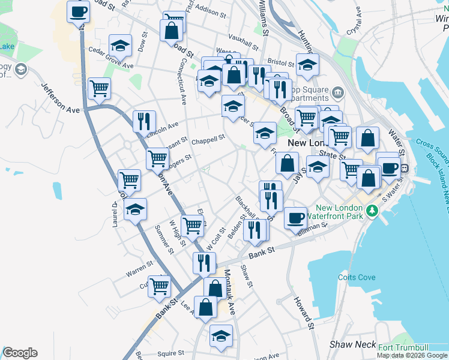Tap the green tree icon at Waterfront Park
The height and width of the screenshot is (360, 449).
372,211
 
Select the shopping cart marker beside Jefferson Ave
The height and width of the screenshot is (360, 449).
99,88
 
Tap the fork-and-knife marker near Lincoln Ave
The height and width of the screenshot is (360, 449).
144,121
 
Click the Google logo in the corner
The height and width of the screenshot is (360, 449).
20,353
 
